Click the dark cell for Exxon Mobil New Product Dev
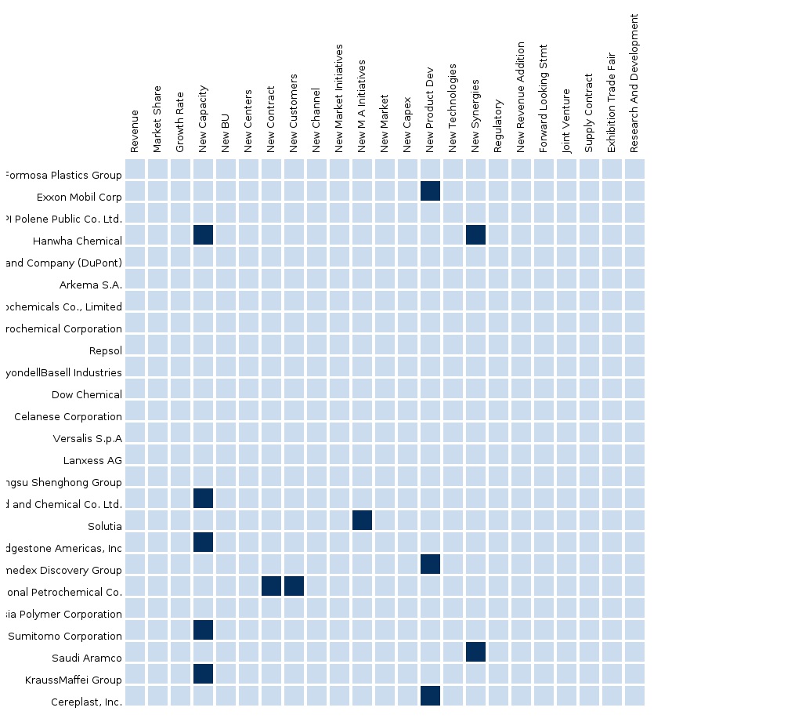coord(430,190)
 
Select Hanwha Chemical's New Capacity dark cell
coord(203,234)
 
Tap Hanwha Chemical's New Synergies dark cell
coord(475,234)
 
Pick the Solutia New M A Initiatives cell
coord(362,520)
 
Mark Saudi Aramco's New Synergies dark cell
coord(475,651)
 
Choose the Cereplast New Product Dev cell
coord(430,695)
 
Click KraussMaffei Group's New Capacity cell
coord(203,673)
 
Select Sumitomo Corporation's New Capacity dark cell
coord(203,629)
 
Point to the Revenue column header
coord(135,131)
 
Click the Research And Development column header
coord(634,82)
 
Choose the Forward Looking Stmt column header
coord(544,98)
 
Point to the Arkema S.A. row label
coord(91,285)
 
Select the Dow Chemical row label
coord(87,394)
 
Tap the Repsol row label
coord(106,350)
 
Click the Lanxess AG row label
coord(92,460)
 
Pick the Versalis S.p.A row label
coord(88,438)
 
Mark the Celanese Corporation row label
coord(68,416)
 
